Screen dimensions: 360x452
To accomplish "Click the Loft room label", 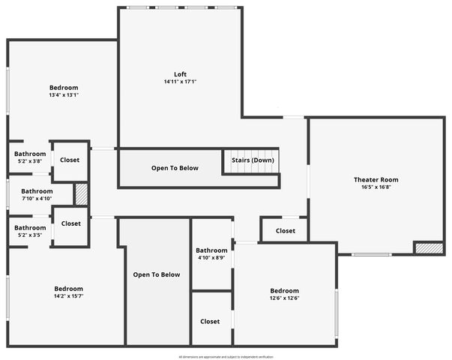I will (180, 73).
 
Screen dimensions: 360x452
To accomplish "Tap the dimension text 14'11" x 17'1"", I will (180, 82).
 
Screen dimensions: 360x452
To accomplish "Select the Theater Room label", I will (376, 179).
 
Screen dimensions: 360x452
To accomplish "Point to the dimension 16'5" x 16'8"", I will (376, 187).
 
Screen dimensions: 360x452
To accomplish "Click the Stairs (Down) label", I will (251, 160).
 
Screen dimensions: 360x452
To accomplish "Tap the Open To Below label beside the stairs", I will (175, 168).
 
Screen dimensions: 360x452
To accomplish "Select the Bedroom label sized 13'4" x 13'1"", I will (64, 88).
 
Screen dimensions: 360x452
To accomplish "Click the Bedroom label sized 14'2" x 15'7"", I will (68, 289).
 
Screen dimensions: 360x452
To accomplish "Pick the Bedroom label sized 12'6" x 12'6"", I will (284, 291).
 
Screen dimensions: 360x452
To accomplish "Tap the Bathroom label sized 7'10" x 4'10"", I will (37, 191).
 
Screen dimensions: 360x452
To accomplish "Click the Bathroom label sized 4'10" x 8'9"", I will (211, 250).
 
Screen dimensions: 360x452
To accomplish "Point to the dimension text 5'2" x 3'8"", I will (30, 161).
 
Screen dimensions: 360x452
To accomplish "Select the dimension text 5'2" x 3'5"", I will (30, 235).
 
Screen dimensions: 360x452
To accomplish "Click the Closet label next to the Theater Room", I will (285, 231).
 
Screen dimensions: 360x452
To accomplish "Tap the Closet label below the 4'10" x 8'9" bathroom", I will (210, 321).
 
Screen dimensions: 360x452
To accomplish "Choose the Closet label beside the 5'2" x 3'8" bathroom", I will (70, 160).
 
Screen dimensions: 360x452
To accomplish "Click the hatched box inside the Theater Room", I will (429, 247).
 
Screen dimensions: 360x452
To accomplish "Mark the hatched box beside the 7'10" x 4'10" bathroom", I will (81, 193).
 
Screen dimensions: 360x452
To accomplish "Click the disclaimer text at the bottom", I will (226, 356).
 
